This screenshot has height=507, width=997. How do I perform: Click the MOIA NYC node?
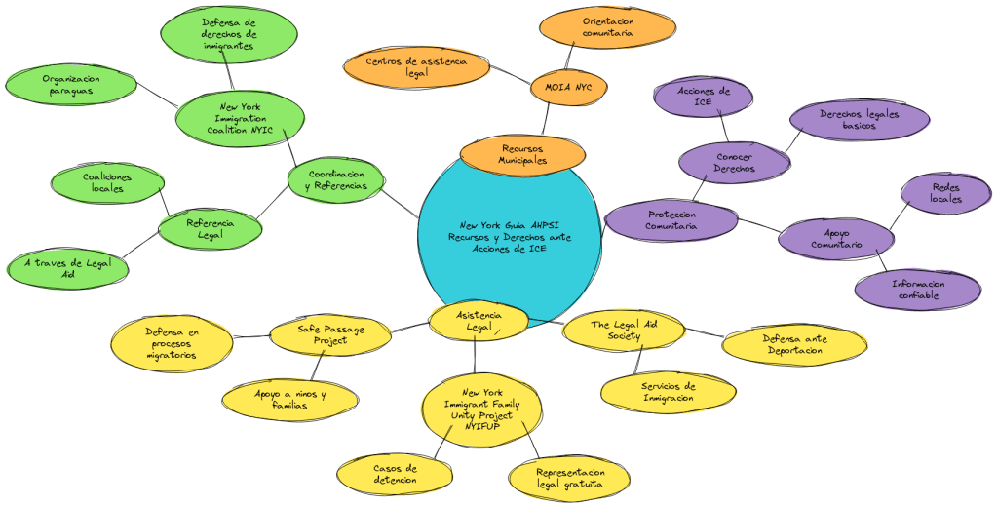coord(569,88)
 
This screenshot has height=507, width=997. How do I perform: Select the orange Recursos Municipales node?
coord(522,154)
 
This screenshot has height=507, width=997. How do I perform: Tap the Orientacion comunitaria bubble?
coord(607,27)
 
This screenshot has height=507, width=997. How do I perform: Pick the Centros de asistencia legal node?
coord(416,66)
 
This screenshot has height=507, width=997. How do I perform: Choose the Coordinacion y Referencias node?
coord(335,179)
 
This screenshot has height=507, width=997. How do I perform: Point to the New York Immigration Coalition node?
coord(240,118)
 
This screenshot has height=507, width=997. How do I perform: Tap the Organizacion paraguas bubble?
coord(70,85)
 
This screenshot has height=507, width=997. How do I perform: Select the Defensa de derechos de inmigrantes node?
coord(228,33)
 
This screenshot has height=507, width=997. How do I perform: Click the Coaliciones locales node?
coord(107,182)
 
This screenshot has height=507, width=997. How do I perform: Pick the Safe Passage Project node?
coord(330,334)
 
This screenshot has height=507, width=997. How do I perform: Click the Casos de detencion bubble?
coord(395,474)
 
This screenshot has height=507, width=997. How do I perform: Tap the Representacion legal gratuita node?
coord(569,478)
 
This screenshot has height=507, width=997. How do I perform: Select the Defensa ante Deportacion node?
coord(794,344)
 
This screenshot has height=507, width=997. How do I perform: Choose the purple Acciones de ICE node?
coord(703,97)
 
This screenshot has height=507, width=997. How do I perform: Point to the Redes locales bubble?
coord(945,192)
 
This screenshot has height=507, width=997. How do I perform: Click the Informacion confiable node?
coord(917,290)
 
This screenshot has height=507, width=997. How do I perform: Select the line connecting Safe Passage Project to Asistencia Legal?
coord(410,327)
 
